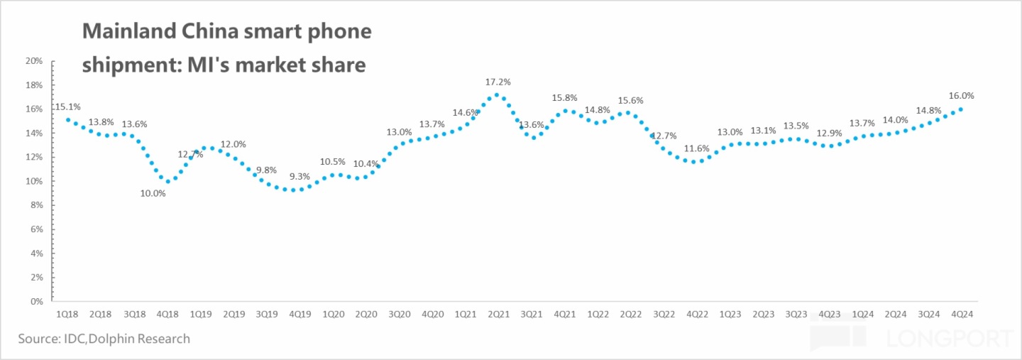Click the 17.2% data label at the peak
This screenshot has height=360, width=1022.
(498, 82)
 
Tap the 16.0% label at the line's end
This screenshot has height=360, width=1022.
(961, 95)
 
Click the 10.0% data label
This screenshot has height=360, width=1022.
(153, 192)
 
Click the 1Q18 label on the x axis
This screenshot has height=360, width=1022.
(67, 313)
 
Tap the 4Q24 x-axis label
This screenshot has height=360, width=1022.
(962, 313)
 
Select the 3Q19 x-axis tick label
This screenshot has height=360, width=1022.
(266, 313)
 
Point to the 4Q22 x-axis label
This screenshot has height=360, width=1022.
(697, 313)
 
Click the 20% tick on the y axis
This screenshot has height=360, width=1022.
(35, 61)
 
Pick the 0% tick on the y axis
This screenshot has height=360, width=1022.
(37, 301)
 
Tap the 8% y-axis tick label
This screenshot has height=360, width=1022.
(37, 205)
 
